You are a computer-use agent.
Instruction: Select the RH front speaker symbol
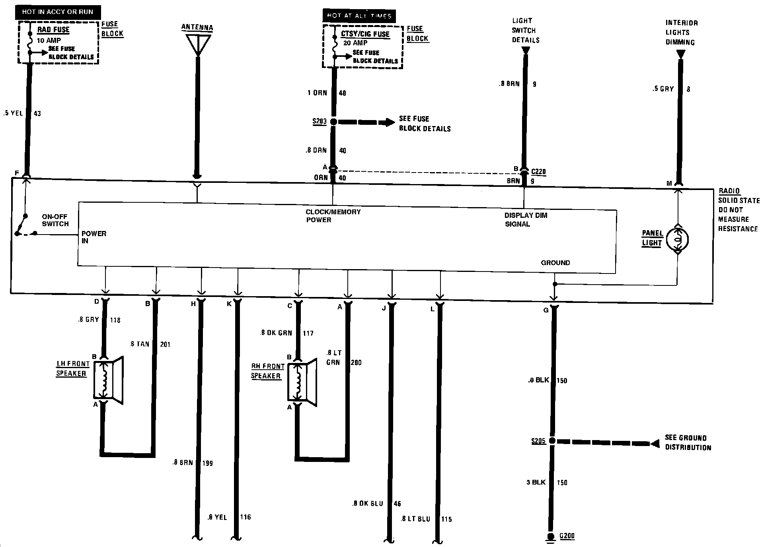[x=302, y=382]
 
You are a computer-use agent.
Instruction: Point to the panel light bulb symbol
[x=677, y=240]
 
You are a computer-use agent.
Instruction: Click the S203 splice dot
[x=333, y=122]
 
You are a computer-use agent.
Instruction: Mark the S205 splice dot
[x=552, y=441]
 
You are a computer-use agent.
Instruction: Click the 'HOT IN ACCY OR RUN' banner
[x=58, y=12]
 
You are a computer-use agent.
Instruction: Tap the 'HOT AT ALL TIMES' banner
[x=359, y=16]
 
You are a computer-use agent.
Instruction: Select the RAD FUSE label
[x=53, y=30]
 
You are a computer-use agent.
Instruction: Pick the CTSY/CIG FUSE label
[x=365, y=34]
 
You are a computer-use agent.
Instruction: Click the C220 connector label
[x=538, y=172]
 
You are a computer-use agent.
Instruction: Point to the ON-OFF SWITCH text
[x=55, y=220]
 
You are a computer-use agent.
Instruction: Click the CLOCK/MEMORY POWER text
[x=333, y=215]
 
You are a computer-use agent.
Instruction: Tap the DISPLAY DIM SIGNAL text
[x=526, y=219]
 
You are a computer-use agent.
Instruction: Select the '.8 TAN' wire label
[x=139, y=344]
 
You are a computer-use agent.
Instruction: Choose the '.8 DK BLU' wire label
[x=367, y=504]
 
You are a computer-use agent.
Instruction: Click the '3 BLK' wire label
[x=536, y=482]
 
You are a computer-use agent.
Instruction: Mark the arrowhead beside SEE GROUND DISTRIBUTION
[x=654, y=443]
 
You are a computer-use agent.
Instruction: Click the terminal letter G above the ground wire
[x=546, y=310]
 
